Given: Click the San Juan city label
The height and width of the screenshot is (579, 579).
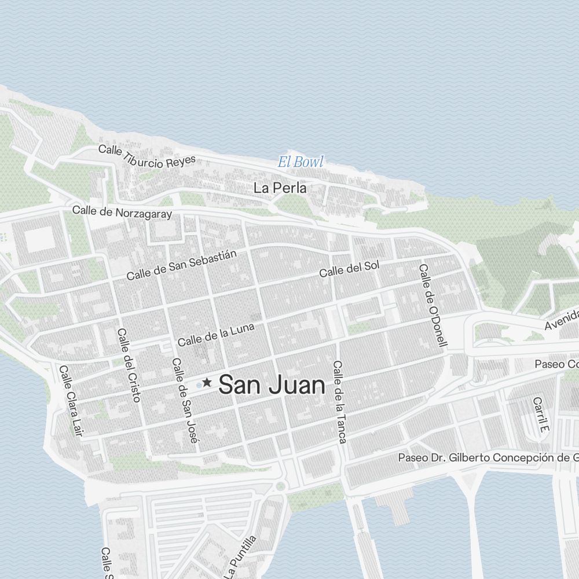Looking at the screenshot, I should (x=272, y=384).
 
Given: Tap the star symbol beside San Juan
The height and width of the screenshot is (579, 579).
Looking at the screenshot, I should (x=207, y=383).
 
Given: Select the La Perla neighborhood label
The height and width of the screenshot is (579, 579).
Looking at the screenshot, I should (x=280, y=188).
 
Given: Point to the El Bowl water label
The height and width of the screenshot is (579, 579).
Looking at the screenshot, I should (x=301, y=162).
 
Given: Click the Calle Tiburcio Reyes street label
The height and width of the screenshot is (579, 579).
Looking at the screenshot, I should (x=147, y=156).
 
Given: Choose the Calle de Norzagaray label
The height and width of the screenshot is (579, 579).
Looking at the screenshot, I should (x=122, y=212).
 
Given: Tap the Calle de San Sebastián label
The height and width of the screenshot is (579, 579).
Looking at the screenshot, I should (x=182, y=265).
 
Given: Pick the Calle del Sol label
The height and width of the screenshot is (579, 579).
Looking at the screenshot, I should (x=349, y=269).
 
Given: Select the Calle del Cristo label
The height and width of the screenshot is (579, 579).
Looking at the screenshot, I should (x=129, y=365).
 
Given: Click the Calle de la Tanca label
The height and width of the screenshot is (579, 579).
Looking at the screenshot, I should (x=339, y=402).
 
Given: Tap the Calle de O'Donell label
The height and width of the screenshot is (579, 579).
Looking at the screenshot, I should (x=433, y=305).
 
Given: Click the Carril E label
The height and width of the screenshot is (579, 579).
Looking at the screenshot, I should (x=540, y=415).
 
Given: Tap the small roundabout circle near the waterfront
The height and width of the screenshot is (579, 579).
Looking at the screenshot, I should (x=281, y=485).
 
